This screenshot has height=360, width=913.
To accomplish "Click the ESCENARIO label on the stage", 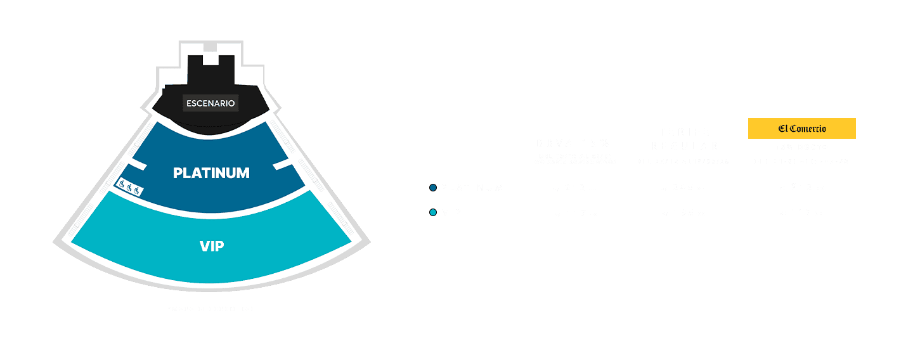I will [210, 103].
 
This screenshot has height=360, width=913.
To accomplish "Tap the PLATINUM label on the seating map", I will [211, 173].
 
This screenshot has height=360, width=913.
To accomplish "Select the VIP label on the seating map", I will [211, 246].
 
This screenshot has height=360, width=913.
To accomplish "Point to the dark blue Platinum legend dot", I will [433, 188].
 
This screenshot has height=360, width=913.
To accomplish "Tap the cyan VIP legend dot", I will [433, 212].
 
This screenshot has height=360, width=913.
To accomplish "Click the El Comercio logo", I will [802, 129].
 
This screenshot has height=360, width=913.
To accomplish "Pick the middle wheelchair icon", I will [129, 188].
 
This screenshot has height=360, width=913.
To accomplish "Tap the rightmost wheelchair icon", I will [138, 191].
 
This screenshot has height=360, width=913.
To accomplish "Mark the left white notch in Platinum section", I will [139, 166].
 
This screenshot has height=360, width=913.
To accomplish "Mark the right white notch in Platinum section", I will [282, 165].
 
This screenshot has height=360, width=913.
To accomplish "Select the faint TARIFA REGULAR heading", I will [683, 139].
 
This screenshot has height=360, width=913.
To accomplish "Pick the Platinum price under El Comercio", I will [802, 188].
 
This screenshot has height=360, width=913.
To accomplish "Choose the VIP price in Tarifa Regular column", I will [683, 213].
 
